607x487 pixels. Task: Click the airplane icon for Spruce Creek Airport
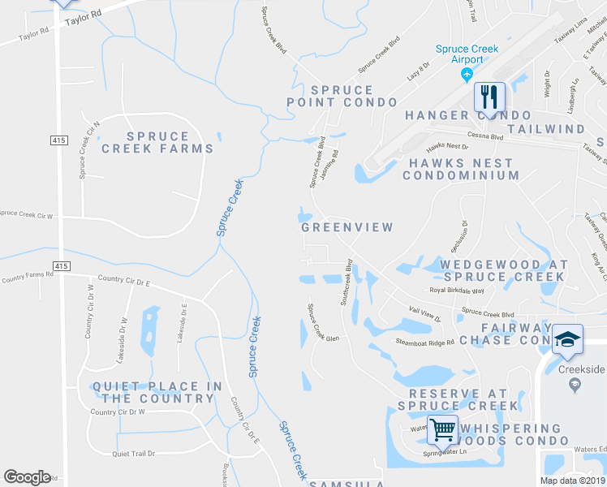pos(466,75)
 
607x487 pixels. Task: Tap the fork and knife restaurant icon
pos(489,97)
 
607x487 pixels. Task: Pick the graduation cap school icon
pos(567,339)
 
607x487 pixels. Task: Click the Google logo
pos(27,477)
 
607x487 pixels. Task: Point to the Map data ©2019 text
pos(572,480)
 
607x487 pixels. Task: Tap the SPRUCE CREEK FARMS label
pos(157,143)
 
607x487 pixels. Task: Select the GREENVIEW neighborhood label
pos(347,227)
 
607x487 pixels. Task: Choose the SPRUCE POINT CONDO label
pos(342,96)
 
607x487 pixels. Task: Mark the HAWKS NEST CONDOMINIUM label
pos(461,169)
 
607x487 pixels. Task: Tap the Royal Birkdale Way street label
pos(456,291)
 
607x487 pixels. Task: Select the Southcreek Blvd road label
pos(346,282)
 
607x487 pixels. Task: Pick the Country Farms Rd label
pos(27,277)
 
